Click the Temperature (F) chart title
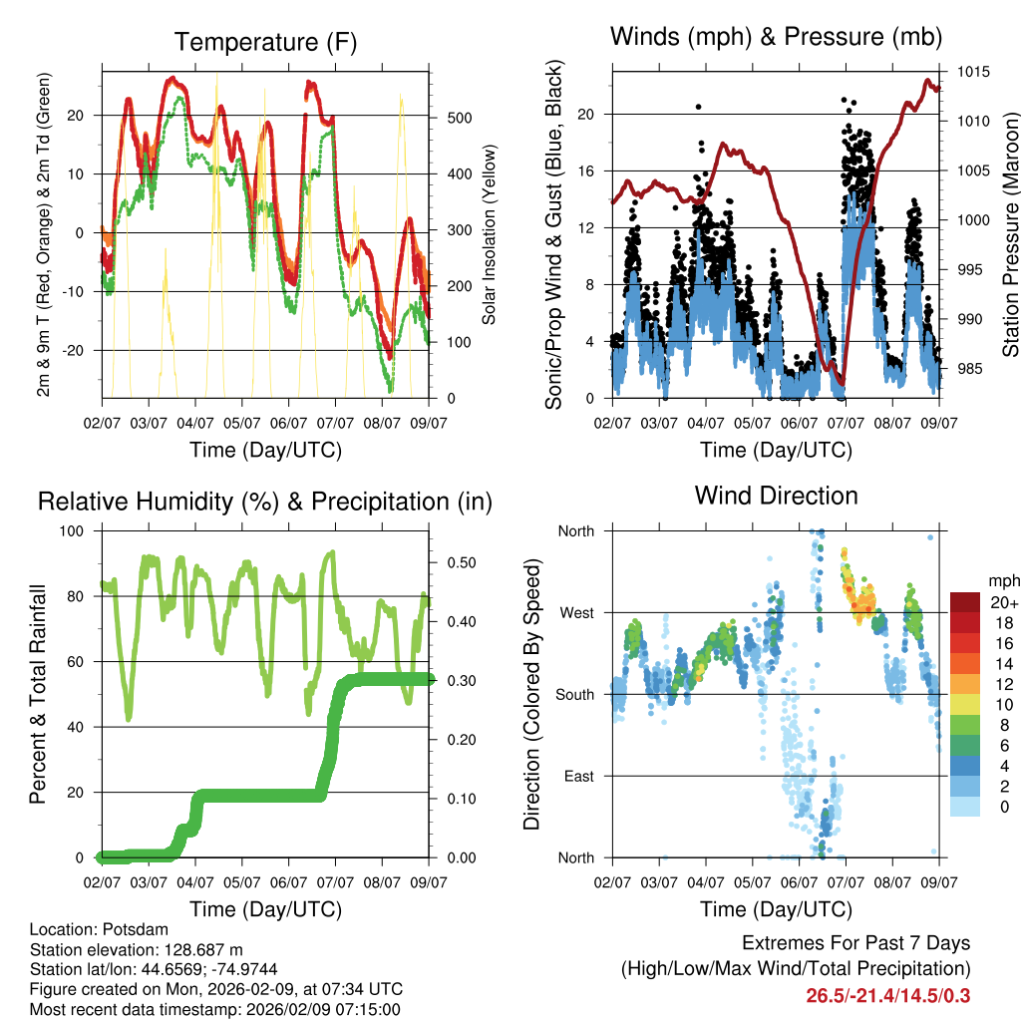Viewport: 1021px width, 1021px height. tap(265, 42)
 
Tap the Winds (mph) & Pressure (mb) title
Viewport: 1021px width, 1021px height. tap(777, 37)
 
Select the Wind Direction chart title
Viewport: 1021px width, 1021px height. tap(777, 495)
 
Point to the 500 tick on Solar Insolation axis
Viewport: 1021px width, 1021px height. tap(460, 118)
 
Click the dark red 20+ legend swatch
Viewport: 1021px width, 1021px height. tap(965, 602)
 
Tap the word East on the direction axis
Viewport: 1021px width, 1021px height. tap(576, 776)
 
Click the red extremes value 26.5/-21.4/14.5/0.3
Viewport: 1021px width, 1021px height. tap(888, 995)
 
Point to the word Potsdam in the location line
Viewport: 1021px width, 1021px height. tap(134, 929)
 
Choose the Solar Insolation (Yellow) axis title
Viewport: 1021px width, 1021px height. tap(490, 233)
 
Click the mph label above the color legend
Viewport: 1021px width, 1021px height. tap(1002, 580)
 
